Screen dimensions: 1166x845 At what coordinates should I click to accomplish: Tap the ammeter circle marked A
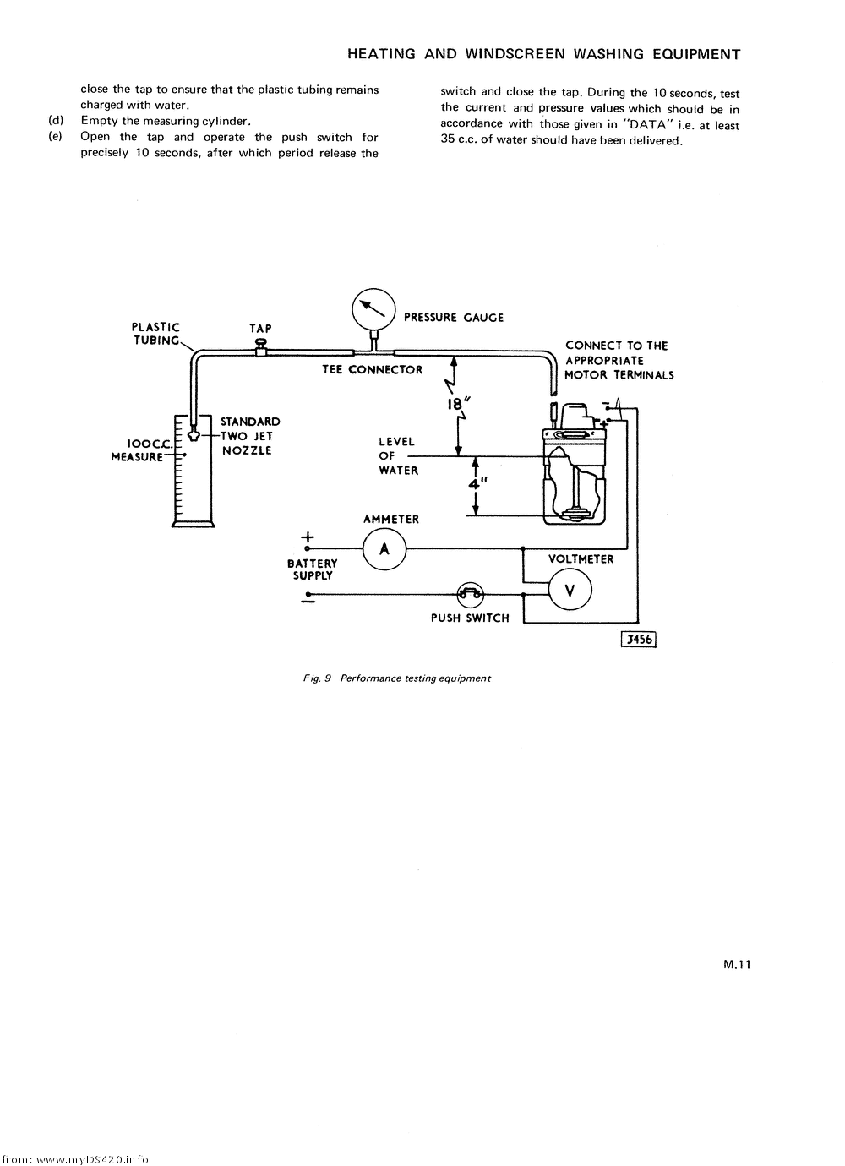click(x=384, y=549)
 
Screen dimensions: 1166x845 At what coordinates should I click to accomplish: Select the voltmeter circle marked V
click(x=570, y=591)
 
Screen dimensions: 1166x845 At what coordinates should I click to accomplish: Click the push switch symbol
click(x=470, y=594)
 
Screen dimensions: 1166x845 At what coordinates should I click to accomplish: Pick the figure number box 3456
click(x=639, y=640)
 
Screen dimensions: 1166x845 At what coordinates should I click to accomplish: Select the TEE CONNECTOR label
click(x=372, y=370)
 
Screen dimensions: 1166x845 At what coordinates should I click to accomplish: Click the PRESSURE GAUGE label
click(x=454, y=318)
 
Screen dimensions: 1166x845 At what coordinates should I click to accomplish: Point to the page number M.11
click(x=737, y=966)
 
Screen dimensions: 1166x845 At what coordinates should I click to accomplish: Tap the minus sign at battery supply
click(x=308, y=602)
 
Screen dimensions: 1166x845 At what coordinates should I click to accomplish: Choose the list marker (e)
click(x=57, y=137)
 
